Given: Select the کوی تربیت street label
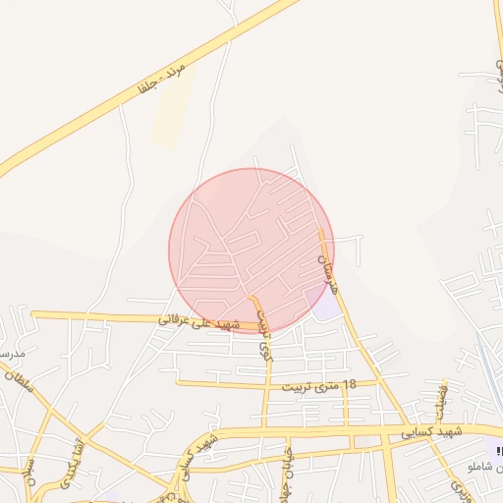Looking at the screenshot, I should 262,334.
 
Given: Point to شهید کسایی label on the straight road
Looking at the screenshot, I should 430,432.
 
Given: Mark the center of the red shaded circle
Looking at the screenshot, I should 251,251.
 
